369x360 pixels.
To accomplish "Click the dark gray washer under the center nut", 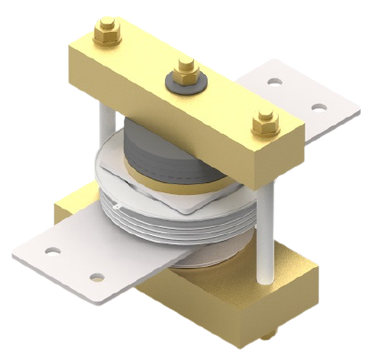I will click(x=185, y=84).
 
